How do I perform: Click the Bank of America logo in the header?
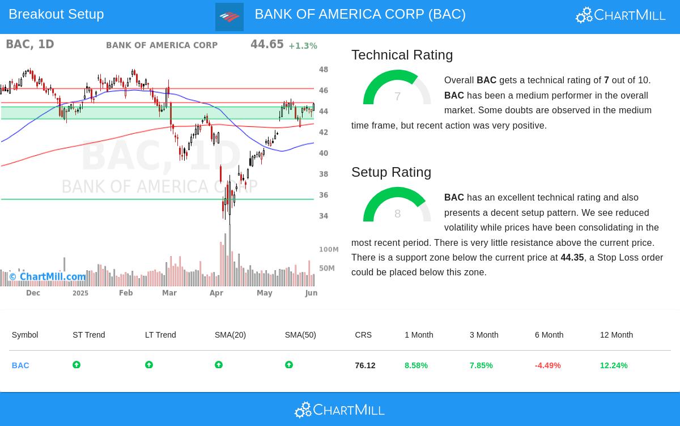pos(229,17)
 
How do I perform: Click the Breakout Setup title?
pos(56,14)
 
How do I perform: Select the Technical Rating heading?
pos(402,55)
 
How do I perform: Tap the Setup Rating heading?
pos(391,172)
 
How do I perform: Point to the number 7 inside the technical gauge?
pos(398,97)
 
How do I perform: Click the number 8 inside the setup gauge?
pos(397,214)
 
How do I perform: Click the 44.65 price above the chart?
pos(267,44)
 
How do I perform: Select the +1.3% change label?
pos(303,46)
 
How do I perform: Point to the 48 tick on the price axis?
pos(324,70)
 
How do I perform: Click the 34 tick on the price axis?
pos(324,216)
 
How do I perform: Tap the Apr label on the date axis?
pos(216,293)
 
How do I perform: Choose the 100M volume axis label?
pos(329,249)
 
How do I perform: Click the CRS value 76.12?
pos(365,365)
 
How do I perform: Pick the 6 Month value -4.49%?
pos(547,365)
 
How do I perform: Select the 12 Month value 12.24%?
pos(614,365)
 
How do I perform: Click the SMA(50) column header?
pos(300,335)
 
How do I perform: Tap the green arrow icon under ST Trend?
pos(76,365)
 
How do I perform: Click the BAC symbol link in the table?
pos(20,365)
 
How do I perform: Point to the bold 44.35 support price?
pos(572,258)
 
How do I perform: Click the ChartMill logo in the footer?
pos(339,410)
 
